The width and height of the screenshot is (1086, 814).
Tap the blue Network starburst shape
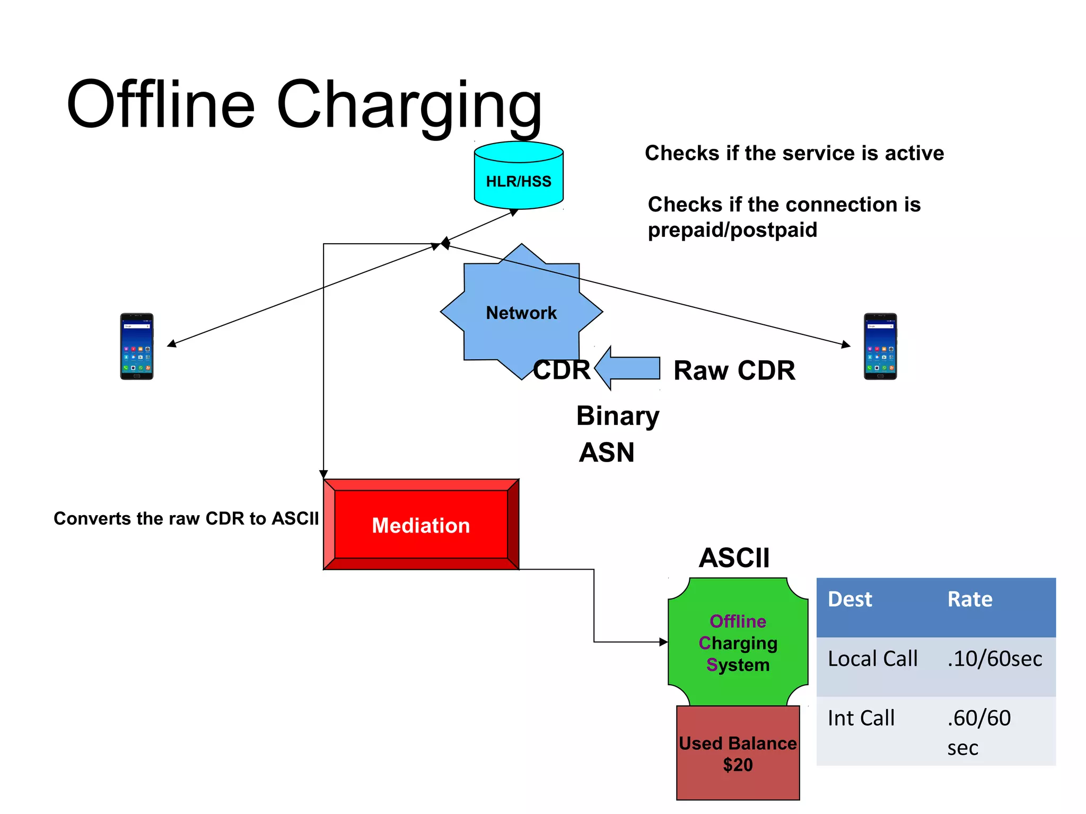coord(521,313)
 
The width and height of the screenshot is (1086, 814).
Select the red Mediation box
coord(421,525)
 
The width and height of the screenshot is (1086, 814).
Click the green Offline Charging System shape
coord(738,642)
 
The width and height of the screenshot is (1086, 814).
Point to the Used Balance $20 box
coord(738,753)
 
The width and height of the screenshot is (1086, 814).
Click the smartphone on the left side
coord(137,346)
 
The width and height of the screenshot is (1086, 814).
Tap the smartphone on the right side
coord(880,346)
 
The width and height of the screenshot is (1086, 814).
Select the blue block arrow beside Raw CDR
coord(629,368)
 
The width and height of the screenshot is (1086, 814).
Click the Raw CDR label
coord(734,370)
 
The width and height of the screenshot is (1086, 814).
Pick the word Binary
coord(617,416)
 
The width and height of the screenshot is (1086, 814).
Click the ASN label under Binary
coord(606,453)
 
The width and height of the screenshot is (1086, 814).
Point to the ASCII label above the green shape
coord(734,558)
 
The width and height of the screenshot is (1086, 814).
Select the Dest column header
coord(849,599)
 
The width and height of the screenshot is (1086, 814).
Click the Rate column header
coord(969,599)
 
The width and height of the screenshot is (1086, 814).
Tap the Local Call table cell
coord(872,659)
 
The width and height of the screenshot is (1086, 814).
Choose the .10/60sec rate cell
coord(994,659)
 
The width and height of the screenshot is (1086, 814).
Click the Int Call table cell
coord(861,718)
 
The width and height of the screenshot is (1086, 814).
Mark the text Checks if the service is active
coord(794,153)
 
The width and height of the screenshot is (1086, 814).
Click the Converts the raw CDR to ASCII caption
coord(186,518)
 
